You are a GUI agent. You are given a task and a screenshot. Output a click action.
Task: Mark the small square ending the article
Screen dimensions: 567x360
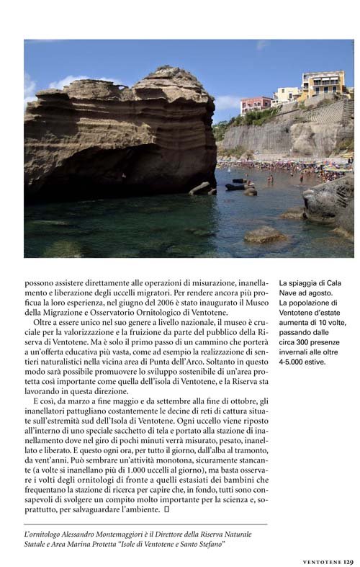166,509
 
